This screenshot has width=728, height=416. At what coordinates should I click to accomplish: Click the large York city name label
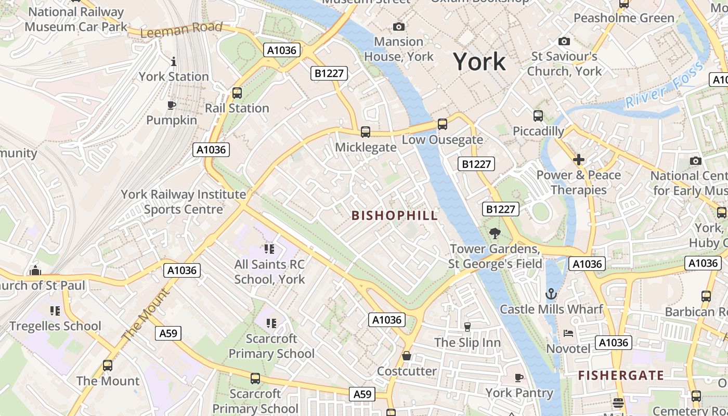point(479,62)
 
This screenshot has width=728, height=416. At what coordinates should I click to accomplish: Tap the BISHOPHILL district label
point(395,216)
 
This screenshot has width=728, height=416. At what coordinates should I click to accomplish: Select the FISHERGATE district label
point(621,375)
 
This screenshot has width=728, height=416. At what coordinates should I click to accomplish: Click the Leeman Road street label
point(181,30)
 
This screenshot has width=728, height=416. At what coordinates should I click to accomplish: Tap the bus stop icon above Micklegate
point(366,132)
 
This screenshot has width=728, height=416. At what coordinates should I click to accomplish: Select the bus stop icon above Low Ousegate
point(442,124)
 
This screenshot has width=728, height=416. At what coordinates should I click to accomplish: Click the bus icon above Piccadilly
point(538,116)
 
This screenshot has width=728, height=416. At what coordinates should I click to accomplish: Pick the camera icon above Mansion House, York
point(399,27)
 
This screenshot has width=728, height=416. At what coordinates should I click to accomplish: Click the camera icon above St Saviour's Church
point(564,41)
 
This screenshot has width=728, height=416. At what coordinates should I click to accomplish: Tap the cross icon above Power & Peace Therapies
point(579,160)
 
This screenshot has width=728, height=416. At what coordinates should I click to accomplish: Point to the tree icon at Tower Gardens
point(495,233)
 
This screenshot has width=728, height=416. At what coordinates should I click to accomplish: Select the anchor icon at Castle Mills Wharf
point(551,294)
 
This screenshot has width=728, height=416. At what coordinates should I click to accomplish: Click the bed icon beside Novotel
point(568,333)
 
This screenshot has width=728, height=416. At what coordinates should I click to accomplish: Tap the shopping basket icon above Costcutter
point(407,356)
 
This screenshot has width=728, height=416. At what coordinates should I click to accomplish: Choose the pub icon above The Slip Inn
point(467,327)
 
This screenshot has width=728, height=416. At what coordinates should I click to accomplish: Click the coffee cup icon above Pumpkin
point(171,106)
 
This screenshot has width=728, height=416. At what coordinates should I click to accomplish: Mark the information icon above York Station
point(174,62)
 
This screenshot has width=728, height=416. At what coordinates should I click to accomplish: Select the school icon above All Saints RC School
point(269,249)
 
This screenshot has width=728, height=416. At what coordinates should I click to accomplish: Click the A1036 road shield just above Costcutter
point(387,320)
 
